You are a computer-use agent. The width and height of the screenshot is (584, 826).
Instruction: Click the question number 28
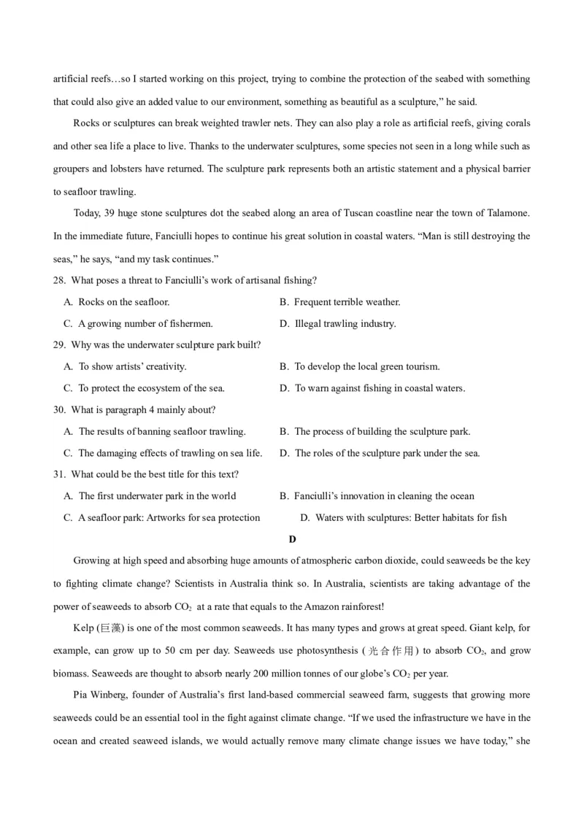tap(59, 281)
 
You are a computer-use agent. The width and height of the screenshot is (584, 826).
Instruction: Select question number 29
tap(59, 345)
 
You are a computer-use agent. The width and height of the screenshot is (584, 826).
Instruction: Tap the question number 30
tap(59, 410)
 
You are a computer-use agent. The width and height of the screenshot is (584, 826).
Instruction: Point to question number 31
tap(59, 474)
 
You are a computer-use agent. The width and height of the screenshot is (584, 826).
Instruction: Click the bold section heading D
tap(292, 539)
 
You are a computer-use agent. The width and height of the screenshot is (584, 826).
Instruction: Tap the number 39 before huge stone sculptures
tap(111, 213)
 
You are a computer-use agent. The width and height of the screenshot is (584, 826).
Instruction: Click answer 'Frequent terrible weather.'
tap(347, 302)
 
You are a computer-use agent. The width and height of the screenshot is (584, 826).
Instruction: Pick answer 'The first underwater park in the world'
tap(157, 496)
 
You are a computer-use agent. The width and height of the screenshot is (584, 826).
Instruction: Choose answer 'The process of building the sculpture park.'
tap(383, 432)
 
